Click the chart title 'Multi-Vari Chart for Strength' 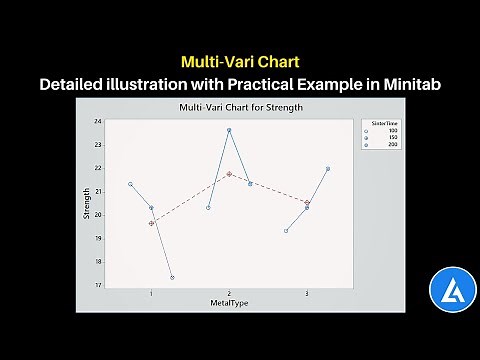point(239,107)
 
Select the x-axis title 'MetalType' point(229,302)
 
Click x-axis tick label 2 point(229,293)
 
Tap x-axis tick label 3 point(306,293)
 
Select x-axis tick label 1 point(151,293)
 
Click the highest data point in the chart point(229,130)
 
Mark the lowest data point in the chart point(172,277)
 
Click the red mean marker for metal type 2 point(229,174)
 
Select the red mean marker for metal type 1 point(151,223)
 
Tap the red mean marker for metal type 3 point(307,202)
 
